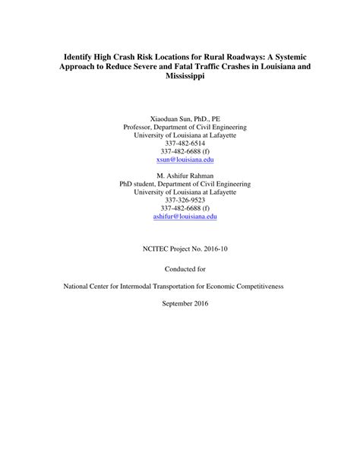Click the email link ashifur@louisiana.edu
(x=179, y=216)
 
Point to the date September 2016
(x=179, y=303)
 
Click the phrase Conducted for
(x=179, y=268)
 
